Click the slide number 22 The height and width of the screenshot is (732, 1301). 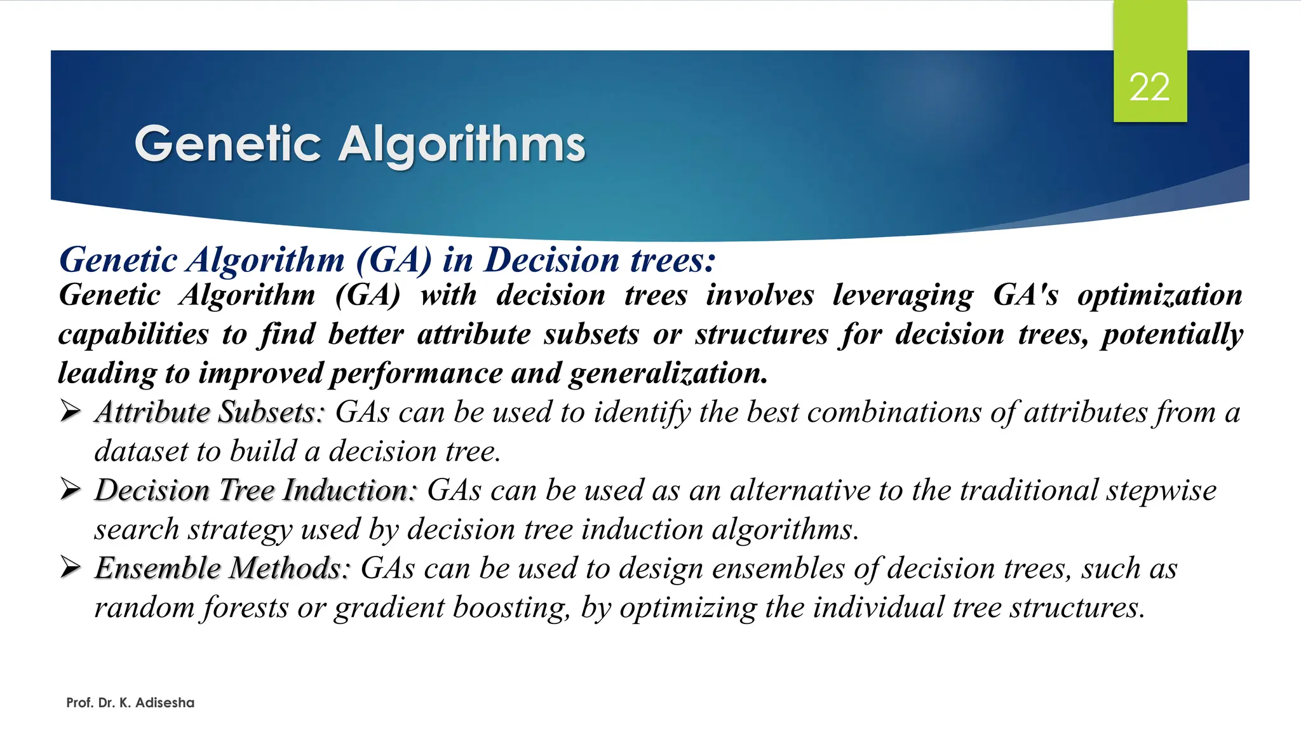tap(1149, 87)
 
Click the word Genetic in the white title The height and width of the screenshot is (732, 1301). tap(227, 144)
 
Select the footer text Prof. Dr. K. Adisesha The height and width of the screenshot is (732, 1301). tap(130, 703)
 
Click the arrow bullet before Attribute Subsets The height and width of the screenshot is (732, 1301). tap(71, 412)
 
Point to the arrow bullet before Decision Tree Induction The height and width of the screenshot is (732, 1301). tap(71, 490)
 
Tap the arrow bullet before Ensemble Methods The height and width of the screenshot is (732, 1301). tap(71, 567)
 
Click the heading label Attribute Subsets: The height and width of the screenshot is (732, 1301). tap(210, 412)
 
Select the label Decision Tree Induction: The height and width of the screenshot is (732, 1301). tap(255, 491)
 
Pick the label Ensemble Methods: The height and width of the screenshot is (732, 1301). tap(222, 568)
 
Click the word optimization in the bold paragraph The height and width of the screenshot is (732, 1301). tap(1159, 295)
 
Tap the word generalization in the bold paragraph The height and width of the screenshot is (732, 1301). tap(668, 374)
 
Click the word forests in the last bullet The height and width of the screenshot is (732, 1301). tap(246, 607)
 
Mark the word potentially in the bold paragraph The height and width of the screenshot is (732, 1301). tap(1172, 335)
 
